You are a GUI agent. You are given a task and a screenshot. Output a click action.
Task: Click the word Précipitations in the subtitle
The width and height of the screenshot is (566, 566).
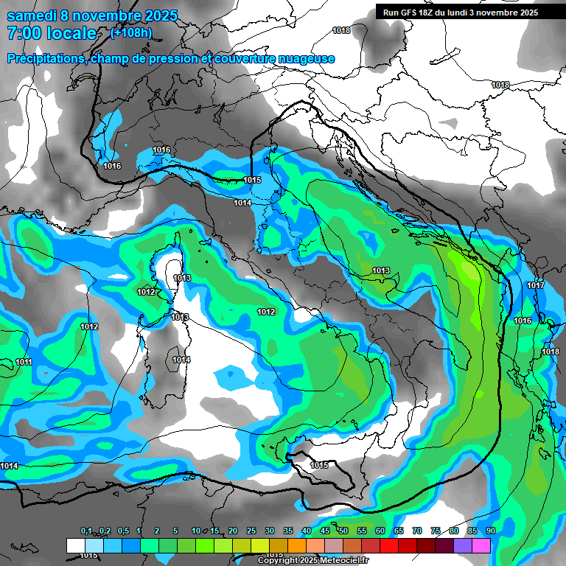[44, 58]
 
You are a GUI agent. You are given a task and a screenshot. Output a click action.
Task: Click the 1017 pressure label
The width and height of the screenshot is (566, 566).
[536, 285]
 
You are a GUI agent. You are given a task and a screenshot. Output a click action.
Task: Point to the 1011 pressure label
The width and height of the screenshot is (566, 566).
[24, 362]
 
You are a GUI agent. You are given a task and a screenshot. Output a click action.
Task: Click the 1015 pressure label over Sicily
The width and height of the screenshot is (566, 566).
[319, 465]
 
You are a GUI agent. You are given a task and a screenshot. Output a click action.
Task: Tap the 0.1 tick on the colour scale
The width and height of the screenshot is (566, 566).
[85, 531]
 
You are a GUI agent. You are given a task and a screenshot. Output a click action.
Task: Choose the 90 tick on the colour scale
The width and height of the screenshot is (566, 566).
[490, 531]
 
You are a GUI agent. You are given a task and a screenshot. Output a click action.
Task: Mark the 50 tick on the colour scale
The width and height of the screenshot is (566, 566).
[343, 531]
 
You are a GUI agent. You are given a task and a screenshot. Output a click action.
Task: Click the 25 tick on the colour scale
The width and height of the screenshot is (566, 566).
[251, 531]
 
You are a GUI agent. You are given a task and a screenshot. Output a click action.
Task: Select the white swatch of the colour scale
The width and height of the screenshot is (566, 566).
[75, 545]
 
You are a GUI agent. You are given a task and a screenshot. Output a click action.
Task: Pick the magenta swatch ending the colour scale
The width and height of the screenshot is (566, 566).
[481, 545]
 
